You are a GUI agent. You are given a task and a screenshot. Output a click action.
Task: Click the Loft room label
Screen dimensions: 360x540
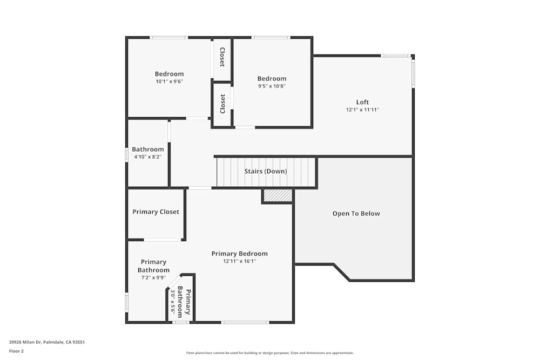362,102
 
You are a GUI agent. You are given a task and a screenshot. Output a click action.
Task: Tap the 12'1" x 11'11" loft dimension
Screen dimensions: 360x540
362,110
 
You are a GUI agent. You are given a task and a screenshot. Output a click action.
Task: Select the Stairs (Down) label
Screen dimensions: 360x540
266,171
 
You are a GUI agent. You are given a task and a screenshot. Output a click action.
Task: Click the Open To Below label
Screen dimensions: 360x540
356,213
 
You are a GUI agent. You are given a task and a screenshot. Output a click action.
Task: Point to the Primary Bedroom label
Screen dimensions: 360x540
239,254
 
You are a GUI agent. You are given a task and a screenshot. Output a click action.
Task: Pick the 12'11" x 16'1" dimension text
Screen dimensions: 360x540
239,261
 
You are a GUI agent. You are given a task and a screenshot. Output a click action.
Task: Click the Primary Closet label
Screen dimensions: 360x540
156,212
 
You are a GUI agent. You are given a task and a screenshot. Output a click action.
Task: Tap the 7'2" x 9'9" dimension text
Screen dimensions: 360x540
153,278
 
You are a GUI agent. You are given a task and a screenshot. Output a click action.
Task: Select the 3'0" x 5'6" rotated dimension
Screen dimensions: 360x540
173,302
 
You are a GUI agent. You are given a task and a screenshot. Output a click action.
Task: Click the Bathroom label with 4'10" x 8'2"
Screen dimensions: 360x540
147,150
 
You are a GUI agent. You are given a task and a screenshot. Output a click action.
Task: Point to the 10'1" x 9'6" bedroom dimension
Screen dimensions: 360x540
169,81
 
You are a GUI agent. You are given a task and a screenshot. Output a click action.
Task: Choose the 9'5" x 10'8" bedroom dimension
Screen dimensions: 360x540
272,86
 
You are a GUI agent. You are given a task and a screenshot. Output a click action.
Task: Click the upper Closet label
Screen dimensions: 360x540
222,57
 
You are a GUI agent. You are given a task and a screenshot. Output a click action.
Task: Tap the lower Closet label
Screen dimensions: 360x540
222,104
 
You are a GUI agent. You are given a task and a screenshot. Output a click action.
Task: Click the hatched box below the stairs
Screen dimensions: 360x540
278,195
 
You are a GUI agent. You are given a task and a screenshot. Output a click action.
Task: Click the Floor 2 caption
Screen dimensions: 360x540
16,351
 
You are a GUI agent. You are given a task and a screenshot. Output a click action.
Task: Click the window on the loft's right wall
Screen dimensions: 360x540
413,73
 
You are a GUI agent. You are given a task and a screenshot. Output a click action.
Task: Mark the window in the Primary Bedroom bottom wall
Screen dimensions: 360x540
245,322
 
